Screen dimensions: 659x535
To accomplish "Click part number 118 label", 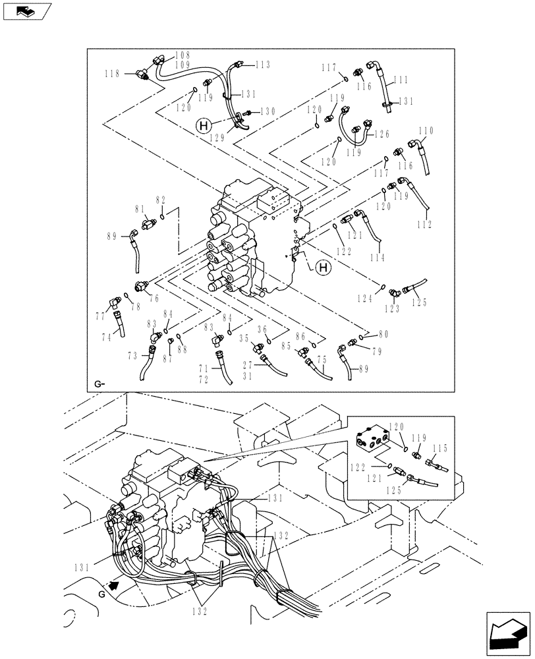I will point(113,74).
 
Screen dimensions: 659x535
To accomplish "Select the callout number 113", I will point(263,65).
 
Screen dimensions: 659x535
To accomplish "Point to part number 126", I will point(382,134).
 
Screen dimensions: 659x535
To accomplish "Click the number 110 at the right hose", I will point(426,130).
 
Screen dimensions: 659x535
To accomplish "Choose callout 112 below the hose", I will point(424,225).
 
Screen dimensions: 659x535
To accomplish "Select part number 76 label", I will point(154,299).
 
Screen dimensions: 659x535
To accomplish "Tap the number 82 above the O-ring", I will point(161,199).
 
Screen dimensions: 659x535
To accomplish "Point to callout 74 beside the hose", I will point(107,335).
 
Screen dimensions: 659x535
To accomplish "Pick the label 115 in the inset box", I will point(439,448).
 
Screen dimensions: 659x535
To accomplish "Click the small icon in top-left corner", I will point(27,11).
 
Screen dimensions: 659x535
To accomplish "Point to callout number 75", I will point(322,359).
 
